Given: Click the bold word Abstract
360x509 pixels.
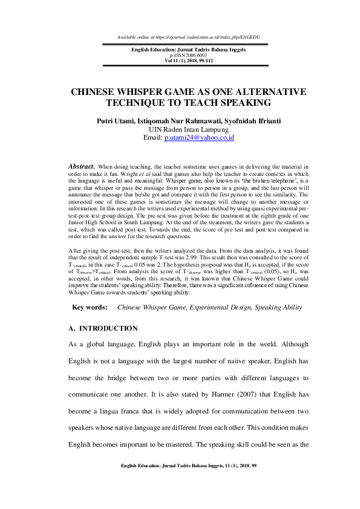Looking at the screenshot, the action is (x=81, y=165).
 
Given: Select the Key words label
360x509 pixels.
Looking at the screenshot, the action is (x=90, y=308).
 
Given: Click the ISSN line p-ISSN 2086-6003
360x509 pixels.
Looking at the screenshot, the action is (x=180, y=54).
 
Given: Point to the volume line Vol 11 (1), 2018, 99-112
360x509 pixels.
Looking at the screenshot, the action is (x=180, y=60).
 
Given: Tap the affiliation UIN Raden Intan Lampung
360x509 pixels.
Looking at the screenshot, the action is (x=180, y=129).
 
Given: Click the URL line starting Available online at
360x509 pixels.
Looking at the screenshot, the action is (x=180, y=37).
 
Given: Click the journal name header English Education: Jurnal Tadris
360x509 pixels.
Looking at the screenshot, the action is (x=180, y=48).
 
